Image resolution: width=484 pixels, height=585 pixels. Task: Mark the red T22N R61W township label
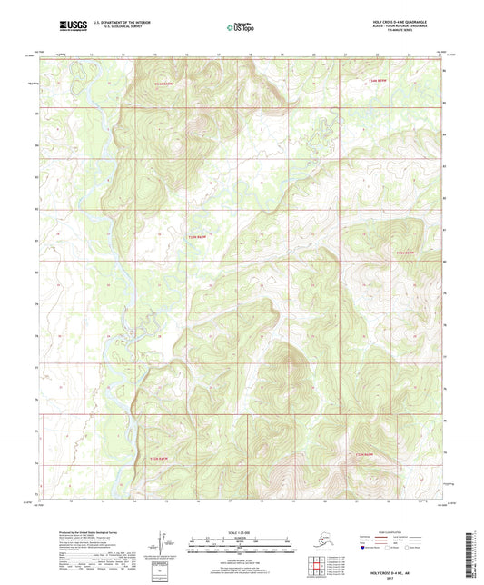[x=159, y=460]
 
